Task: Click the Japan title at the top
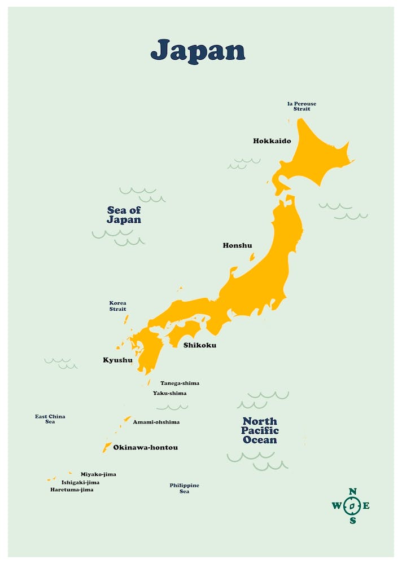[198, 51]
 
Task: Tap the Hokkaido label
[272, 141]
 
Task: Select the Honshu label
[237, 245]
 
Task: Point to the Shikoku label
[199, 345]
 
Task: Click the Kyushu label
[117, 360]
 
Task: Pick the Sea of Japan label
[124, 215]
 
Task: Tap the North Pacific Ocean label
[260, 430]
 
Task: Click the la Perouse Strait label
[301, 106]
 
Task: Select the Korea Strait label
[117, 306]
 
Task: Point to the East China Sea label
[50, 419]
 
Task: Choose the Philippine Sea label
[184, 488]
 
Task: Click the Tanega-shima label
[180, 384]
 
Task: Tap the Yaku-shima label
[169, 393]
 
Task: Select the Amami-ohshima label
[156, 422]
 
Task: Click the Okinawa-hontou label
[145, 448]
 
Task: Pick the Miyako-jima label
[98, 474]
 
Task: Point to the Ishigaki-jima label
[80, 482]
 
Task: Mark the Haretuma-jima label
[72, 490]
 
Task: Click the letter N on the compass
[352, 492]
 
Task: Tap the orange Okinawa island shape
[107, 447]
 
